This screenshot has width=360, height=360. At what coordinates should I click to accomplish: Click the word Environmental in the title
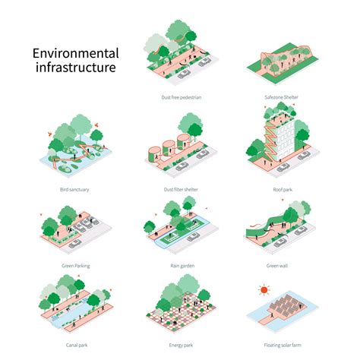[75, 54]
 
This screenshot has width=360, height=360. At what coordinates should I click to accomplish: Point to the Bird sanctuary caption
[74, 189]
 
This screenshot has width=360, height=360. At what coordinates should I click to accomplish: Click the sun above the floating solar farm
[264, 289]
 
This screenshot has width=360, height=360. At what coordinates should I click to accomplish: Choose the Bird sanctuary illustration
[76, 144]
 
